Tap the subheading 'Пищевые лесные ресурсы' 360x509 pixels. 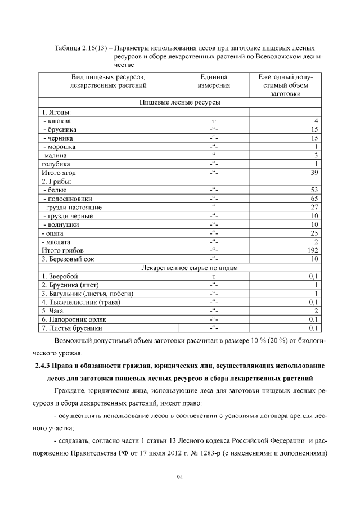coord(179,103)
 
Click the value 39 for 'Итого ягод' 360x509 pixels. coord(315,172)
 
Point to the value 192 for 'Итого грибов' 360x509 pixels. coord(313,250)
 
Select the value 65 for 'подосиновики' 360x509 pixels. coord(315,199)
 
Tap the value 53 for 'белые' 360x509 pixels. coord(315,190)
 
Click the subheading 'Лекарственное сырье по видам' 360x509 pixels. coord(179,267)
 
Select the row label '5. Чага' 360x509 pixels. coord(54,310)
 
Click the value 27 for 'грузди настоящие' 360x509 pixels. coord(315,207)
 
